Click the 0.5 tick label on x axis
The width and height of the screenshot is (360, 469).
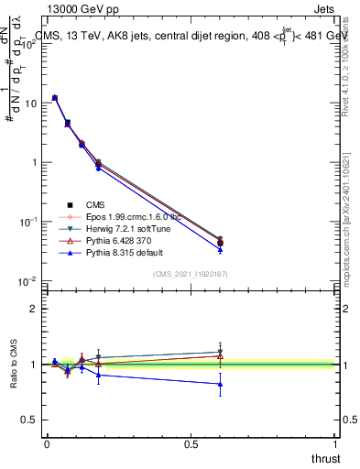(191, 443)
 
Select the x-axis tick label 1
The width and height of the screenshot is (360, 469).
(336, 443)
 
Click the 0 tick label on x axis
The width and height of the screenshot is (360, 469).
(47, 443)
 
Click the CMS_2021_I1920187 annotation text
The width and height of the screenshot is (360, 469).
(191, 274)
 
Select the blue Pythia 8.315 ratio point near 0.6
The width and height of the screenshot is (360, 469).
(220, 384)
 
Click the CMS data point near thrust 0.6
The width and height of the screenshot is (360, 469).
(220, 242)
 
